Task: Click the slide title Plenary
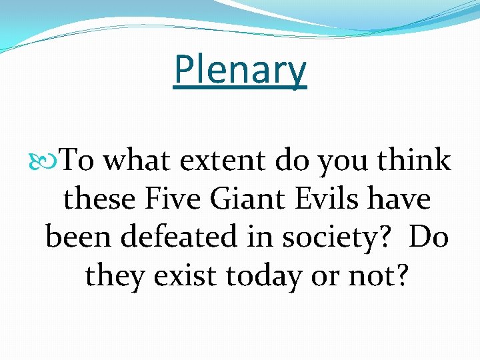point(240,70)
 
